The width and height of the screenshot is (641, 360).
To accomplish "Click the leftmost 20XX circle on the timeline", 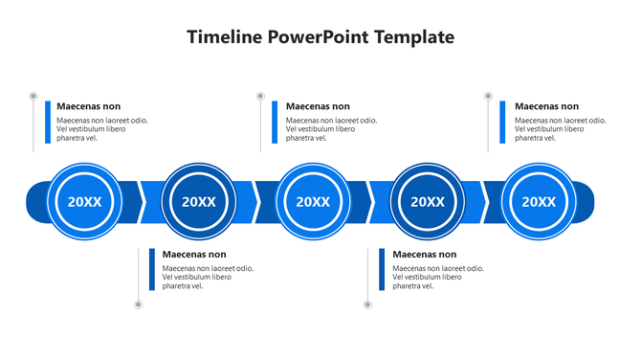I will (x=84, y=201).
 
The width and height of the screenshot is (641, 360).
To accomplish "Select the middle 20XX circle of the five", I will (x=313, y=201).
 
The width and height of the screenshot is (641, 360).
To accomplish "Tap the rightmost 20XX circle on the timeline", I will (x=539, y=201).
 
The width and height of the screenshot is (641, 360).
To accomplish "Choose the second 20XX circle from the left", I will (x=199, y=201).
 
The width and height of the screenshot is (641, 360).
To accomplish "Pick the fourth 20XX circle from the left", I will (x=428, y=201).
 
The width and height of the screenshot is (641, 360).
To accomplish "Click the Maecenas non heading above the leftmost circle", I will (x=88, y=106).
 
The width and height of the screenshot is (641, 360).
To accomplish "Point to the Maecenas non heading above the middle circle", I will (x=318, y=106).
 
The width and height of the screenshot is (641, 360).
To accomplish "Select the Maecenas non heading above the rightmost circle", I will (x=546, y=106).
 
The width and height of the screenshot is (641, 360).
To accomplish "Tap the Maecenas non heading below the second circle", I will (x=194, y=255).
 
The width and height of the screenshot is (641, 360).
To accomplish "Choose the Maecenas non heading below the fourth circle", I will (x=424, y=255).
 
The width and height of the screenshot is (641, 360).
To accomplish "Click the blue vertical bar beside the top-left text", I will (x=47, y=122).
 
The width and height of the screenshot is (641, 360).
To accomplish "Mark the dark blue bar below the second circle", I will (x=151, y=270).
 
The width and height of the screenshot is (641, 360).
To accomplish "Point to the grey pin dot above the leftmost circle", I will (x=33, y=97).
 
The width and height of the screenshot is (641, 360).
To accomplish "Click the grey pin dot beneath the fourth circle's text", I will (x=368, y=304).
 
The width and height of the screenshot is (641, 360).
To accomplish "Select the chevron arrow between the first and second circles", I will (x=142, y=201).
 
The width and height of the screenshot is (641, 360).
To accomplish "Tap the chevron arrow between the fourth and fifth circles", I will (x=485, y=201).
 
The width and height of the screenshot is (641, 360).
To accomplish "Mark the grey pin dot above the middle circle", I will (x=260, y=97).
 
